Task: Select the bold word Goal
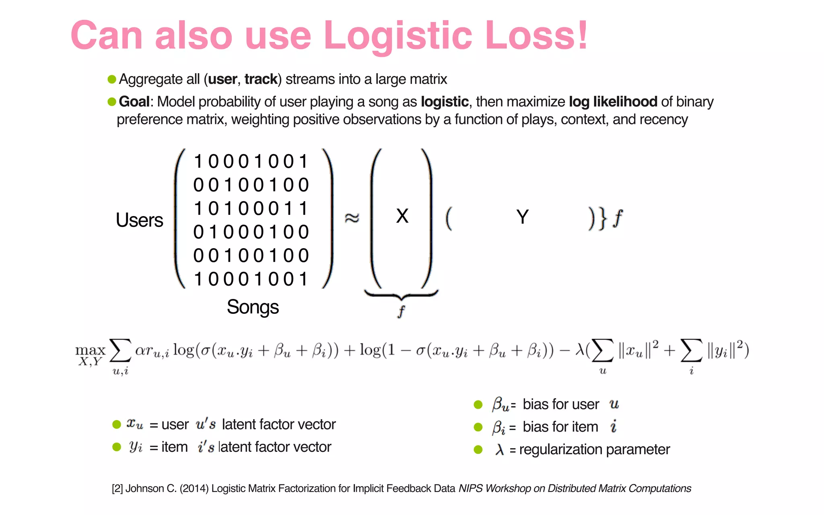[134, 102]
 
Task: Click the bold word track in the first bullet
[261, 79]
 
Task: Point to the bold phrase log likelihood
[613, 102]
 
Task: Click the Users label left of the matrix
[139, 220]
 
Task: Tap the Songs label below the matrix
[253, 307]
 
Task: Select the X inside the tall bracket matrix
[402, 216]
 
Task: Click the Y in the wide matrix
[522, 217]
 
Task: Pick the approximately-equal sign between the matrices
[352, 218]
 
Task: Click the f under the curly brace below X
[401, 311]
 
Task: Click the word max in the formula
[90, 350]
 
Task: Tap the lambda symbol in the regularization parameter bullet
[499, 449]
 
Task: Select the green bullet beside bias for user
[478, 405]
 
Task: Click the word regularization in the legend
[560, 449]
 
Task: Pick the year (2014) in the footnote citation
[194, 488]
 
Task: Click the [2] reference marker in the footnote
[117, 488]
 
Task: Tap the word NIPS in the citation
[470, 488]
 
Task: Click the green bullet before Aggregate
[112, 79]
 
